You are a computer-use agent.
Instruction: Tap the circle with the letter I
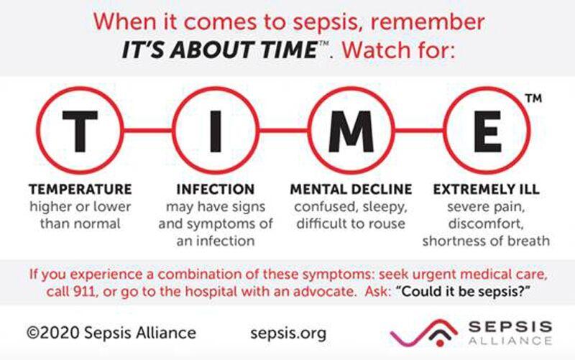(213, 131)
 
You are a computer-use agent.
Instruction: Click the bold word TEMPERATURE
(80, 190)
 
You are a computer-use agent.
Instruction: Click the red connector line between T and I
(147, 131)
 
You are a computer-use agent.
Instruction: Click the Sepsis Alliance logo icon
(417, 333)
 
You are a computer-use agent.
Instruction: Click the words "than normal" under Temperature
(80, 223)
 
